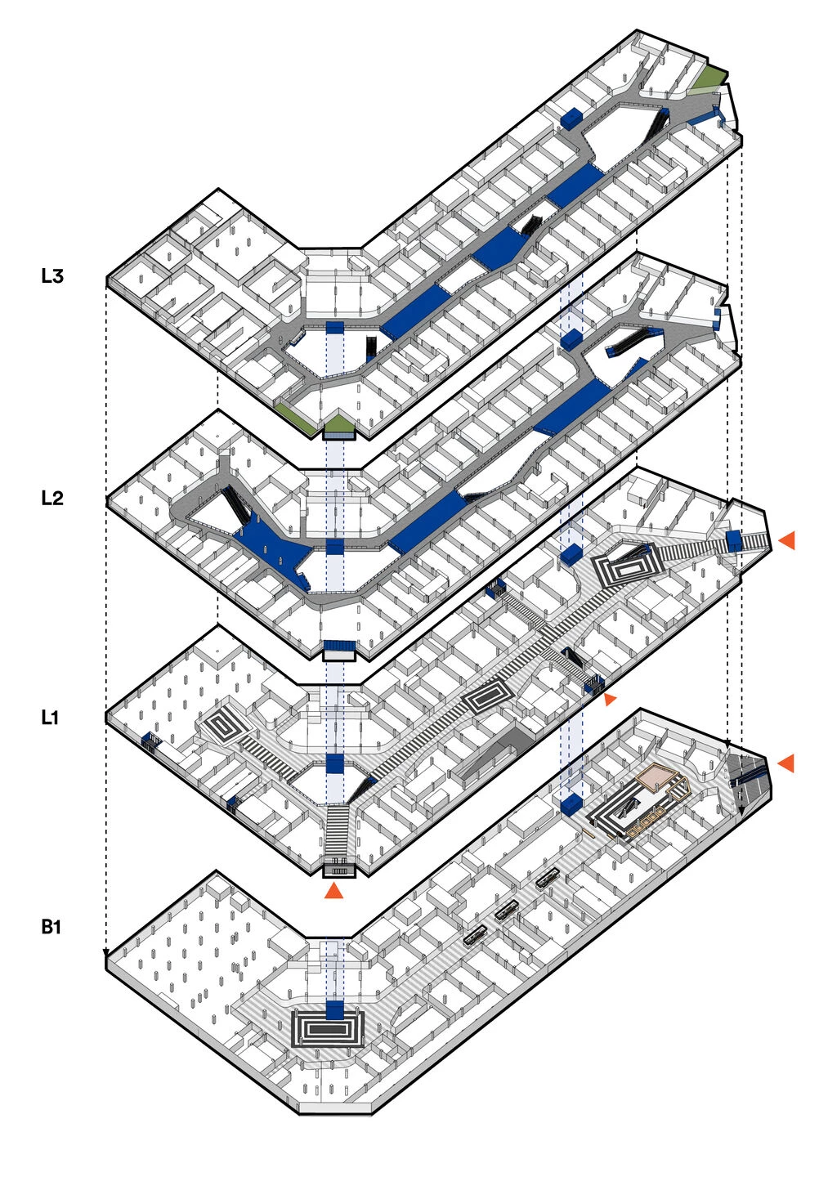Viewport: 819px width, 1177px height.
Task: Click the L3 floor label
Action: tap(51, 275)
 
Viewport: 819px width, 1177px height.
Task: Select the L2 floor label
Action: tap(51, 498)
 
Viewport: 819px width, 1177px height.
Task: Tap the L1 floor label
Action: tap(50, 718)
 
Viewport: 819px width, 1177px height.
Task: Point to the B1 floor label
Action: tap(51, 927)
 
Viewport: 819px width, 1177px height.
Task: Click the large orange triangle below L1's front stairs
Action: tap(334, 890)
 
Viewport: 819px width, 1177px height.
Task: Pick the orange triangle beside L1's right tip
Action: tap(786, 540)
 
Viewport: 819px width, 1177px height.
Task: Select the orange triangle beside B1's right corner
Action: tap(785, 763)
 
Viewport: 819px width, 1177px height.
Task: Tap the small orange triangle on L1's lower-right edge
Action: tap(610, 700)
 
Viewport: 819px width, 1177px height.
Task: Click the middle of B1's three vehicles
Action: tap(505, 909)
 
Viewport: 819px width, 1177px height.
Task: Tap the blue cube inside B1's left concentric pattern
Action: tap(335, 1010)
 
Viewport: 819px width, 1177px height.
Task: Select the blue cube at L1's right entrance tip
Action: tap(733, 539)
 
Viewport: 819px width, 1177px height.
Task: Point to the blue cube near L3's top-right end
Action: tap(571, 119)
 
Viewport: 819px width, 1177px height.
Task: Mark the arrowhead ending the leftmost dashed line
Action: tap(106, 954)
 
